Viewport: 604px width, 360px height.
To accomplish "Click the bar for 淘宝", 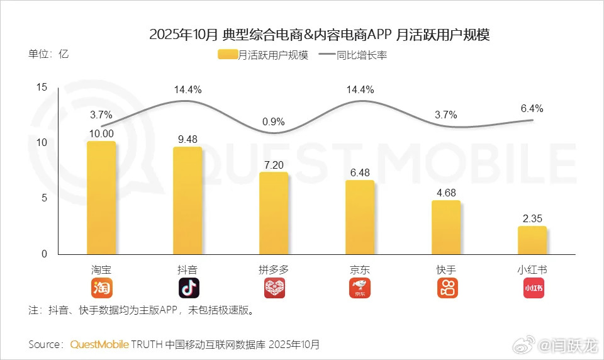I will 101,198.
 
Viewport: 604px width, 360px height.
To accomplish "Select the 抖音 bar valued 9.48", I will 187,201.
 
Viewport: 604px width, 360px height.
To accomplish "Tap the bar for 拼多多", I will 274,213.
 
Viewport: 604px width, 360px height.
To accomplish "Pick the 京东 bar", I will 360,218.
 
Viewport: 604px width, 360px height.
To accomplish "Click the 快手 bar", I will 446,228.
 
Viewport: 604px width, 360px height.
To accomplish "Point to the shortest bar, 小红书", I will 532,240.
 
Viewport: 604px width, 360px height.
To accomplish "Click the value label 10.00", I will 101,133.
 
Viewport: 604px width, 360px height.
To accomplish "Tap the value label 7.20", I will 274,164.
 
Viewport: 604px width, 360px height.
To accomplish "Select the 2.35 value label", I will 532,218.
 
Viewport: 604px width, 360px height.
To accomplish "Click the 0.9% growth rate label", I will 274,121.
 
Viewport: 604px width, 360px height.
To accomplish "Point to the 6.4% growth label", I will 532,108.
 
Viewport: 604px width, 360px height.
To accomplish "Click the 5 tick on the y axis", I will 44,198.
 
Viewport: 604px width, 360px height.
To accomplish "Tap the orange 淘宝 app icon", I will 101,288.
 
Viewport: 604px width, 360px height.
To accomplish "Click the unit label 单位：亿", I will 48,53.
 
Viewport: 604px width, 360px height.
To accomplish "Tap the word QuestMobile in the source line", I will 99,344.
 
